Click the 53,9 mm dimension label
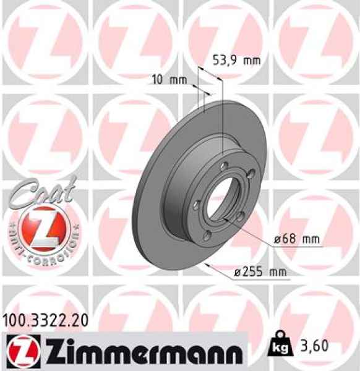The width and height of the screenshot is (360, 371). [236, 60]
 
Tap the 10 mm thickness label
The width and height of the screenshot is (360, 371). [169, 79]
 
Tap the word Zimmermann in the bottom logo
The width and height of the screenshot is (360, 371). [135, 350]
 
